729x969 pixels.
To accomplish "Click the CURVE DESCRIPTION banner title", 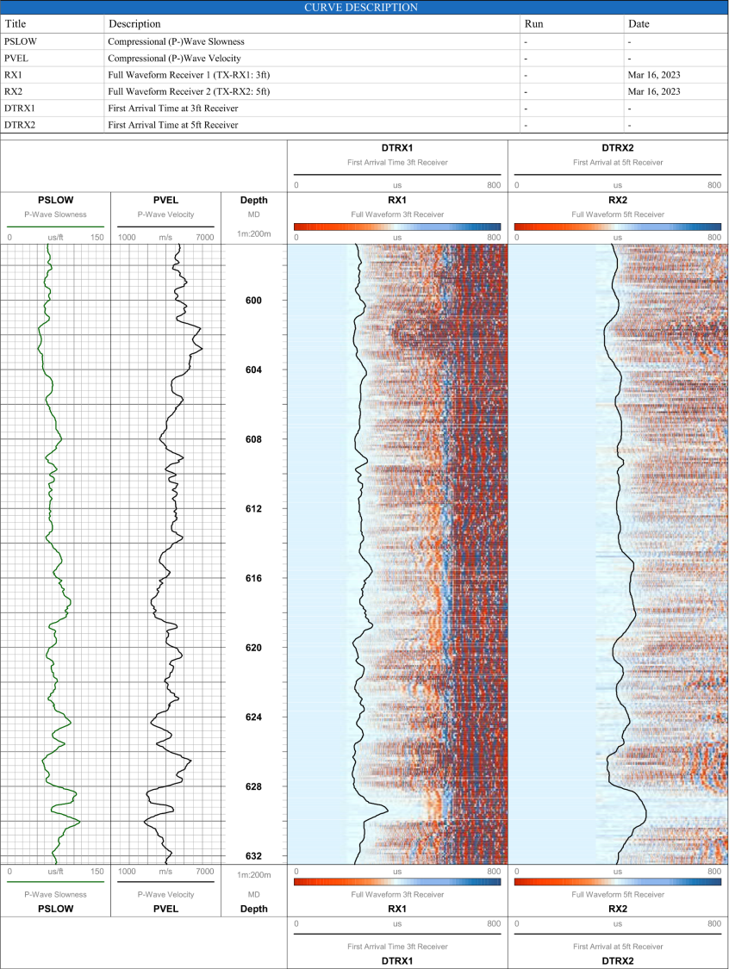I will coord(361,7).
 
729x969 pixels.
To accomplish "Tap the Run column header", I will coord(534,24).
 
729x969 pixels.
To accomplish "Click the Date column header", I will coord(640,24).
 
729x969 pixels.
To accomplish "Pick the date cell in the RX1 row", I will coord(654,75).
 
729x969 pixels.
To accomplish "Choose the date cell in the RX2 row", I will coord(654,91).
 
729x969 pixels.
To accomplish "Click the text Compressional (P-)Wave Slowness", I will coord(176,41).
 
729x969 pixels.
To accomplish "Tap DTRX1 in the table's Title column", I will coord(20,109).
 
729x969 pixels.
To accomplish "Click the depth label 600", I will coord(253,301).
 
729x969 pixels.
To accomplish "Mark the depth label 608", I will coord(253,439).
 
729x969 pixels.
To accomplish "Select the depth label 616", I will coord(253,579).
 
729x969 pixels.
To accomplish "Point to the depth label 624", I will coord(253,717).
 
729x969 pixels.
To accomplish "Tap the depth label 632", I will coord(253,856).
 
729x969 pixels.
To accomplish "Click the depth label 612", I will coord(253,509).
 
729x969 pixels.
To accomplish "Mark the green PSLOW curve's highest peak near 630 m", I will coord(79,821).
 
